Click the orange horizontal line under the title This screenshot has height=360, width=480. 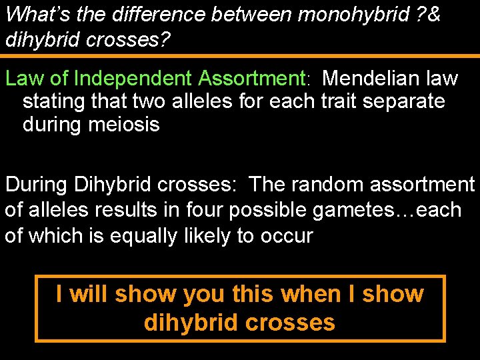(x=240, y=56)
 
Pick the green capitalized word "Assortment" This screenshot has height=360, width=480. (x=251, y=79)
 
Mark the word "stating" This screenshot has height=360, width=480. (x=55, y=102)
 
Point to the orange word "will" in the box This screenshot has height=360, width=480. (x=91, y=294)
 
